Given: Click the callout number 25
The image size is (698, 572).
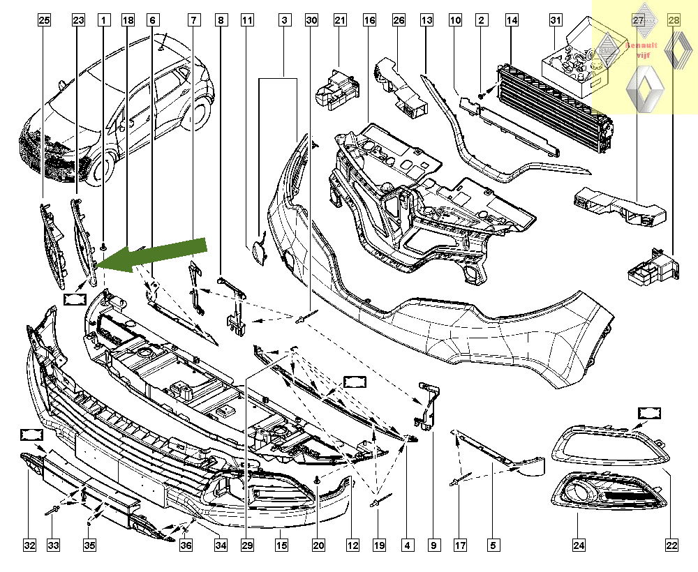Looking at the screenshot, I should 44,21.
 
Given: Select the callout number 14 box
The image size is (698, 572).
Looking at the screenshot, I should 512,21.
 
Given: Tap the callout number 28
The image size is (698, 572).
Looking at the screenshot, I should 674,21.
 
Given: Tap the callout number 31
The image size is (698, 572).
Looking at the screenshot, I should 556,21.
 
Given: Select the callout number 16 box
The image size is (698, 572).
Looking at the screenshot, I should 369,21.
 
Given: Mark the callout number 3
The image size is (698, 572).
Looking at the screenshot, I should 285,21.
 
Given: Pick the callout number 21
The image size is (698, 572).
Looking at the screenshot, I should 340,21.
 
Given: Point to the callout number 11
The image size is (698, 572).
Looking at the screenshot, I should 247,21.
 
